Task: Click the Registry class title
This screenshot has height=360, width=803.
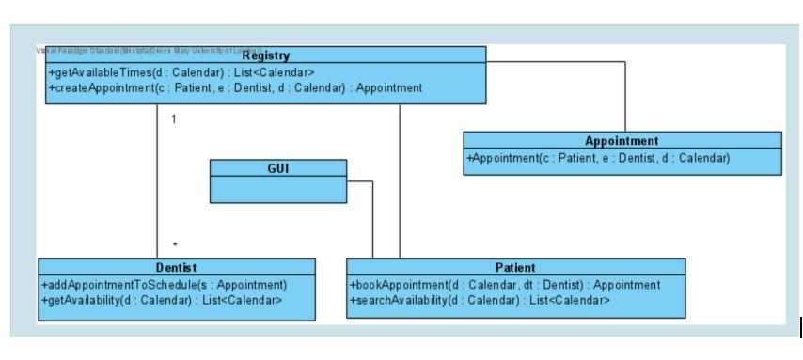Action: pos(265,55)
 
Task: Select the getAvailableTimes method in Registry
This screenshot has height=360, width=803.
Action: pos(170,72)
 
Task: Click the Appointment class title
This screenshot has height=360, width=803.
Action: pos(622,141)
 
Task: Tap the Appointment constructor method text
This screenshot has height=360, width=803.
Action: pos(598,158)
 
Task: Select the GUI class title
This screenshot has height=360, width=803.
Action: pos(276,167)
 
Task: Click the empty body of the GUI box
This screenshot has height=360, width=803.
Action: pos(276,190)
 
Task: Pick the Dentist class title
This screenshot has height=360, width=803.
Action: pos(174,268)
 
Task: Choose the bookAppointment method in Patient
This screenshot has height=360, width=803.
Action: pos(505,285)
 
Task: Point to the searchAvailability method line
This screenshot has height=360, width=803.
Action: pos(480,300)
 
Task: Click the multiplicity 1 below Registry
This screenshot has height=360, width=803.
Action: pos(174,119)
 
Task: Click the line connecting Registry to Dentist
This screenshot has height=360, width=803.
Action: pos(157,179)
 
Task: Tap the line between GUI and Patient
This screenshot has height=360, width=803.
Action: pos(373,216)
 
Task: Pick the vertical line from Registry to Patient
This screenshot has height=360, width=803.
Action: pos(400,179)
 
